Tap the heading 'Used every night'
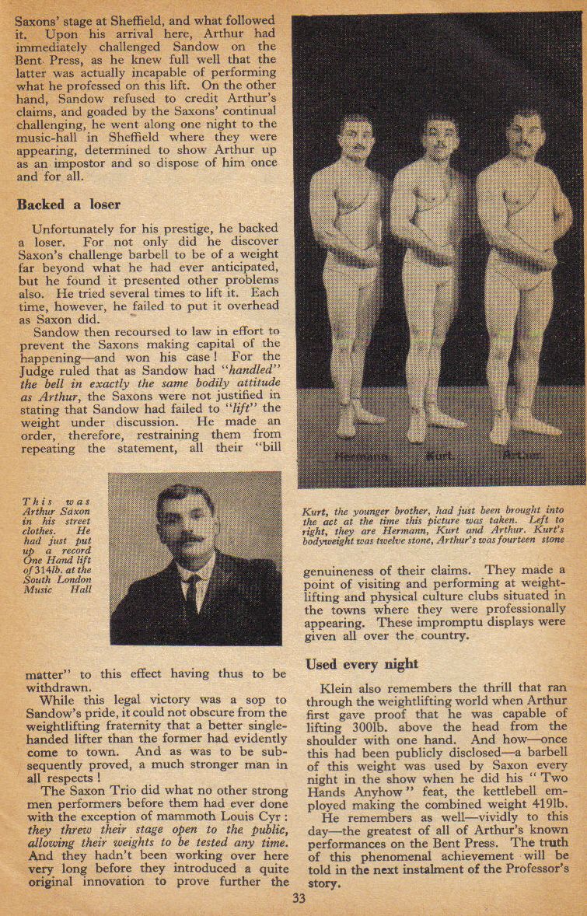(x=362, y=663)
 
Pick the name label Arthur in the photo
(x=523, y=456)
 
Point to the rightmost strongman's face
(x=526, y=134)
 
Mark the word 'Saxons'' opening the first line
(x=37, y=21)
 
